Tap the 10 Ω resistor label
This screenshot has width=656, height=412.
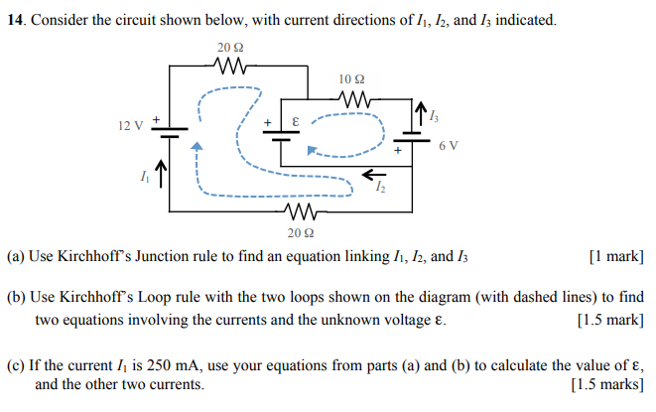click(352, 78)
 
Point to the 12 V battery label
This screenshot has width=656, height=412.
click(130, 126)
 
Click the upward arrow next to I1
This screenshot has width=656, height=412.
click(161, 176)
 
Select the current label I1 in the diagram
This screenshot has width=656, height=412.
click(145, 179)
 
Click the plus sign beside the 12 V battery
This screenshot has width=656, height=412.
click(155, 116)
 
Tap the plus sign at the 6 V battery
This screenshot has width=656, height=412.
click(398, 151)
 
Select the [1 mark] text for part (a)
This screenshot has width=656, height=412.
click(615, 256)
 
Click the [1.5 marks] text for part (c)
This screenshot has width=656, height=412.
click(607, 384)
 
